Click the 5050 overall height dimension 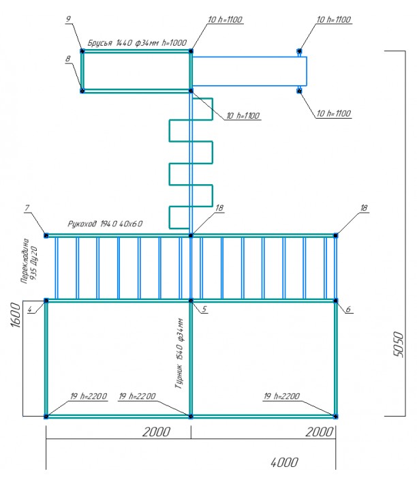click(x=398, y=344)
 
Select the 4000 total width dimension click(x=284, y=462)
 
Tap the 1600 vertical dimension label click(x=16, y=315)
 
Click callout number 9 click(x=68, y=19)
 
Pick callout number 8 click(x=68, y=59)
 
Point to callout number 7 click(x=27, y=208)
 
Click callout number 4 click(x=30, y=310)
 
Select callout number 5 click(x=204, y=309)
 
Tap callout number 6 click(x=348, y=309)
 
